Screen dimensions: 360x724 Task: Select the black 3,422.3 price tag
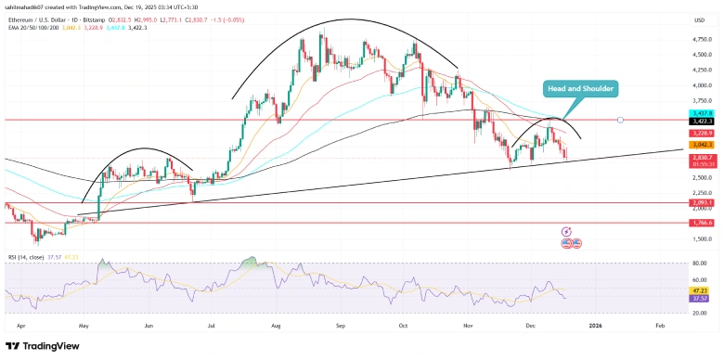(x=700, y=121)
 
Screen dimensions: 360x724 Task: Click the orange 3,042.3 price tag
(x=700, y=145)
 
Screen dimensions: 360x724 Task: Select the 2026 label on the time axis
(x=596, y=327)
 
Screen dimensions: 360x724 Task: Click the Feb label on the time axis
(x=660, y=327)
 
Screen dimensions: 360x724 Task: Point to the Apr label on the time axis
(x=19, y=327)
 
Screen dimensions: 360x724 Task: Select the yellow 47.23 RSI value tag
(x=700, y=289)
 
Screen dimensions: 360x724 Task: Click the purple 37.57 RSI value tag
(x=700, y=299)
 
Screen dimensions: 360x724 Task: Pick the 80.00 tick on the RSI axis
(x=698, y=264)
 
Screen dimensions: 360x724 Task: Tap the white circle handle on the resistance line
(x=620, y=120)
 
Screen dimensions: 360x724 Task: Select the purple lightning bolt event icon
(x=565, y=230)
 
